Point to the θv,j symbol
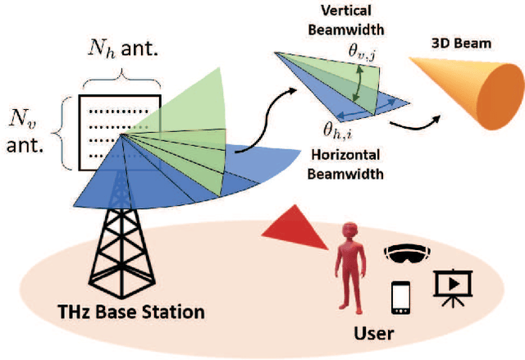click(361, 52)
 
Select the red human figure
click(348, 271)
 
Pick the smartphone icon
click(401, 297)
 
